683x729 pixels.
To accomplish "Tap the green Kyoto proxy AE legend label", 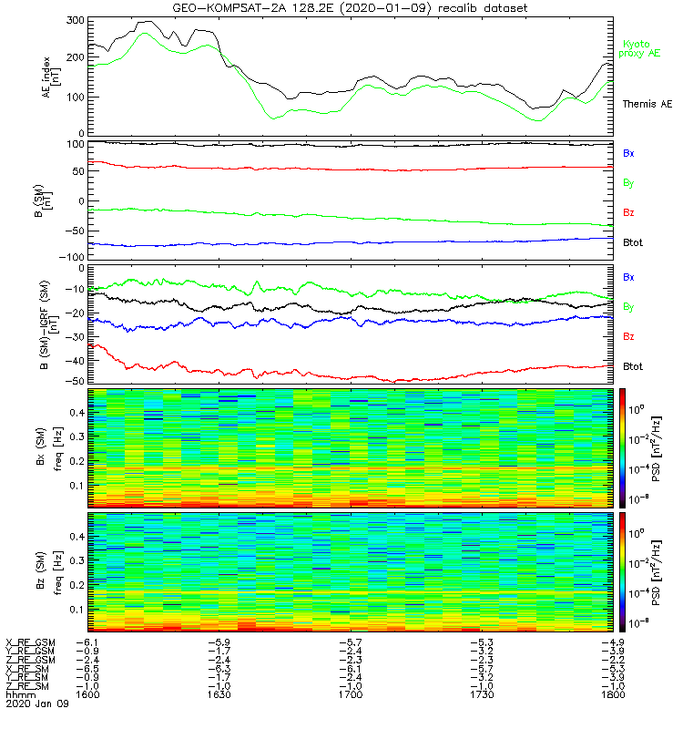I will point(642,48).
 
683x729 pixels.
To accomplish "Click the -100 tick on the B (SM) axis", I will point(70,257).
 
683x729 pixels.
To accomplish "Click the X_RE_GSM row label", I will point(30,642).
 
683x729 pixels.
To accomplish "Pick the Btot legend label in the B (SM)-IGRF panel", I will point(634,365).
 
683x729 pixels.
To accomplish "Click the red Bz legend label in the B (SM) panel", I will point(628,212).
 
